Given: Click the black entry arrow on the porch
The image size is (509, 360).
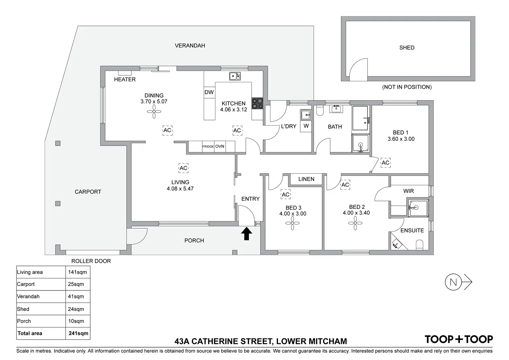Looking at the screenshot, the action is [247, 233].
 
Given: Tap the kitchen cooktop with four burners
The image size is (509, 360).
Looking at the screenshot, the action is [257, 103].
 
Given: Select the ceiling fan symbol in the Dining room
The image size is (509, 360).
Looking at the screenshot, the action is [154, 111].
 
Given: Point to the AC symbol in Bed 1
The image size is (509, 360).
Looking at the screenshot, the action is [386, 163].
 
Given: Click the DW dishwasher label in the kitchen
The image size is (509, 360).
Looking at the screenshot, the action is [209, 92].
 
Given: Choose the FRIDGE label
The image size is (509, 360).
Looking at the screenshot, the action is [208, 147].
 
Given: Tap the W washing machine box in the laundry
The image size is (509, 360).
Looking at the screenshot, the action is [306, 126].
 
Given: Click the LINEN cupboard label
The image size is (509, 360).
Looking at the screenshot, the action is [306, 179].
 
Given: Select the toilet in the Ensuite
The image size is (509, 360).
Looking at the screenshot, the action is [419, 245].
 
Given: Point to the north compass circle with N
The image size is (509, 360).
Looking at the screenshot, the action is [453, 282].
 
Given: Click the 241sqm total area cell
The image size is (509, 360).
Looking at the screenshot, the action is [78, 333].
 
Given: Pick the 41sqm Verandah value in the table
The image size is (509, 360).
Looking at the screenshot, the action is [76, 296].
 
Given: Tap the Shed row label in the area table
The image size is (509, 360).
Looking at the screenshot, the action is [23, 309].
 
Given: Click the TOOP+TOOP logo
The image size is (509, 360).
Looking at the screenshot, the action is [459, 339].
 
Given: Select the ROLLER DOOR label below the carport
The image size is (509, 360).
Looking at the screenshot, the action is [91, 261].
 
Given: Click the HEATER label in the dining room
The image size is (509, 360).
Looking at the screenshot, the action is [125, 79].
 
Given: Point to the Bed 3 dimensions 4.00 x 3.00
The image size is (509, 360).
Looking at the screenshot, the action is [293, 214].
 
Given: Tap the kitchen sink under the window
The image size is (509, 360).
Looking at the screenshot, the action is [235, 76].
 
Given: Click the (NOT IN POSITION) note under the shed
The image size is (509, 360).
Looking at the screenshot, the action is [407, 87].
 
